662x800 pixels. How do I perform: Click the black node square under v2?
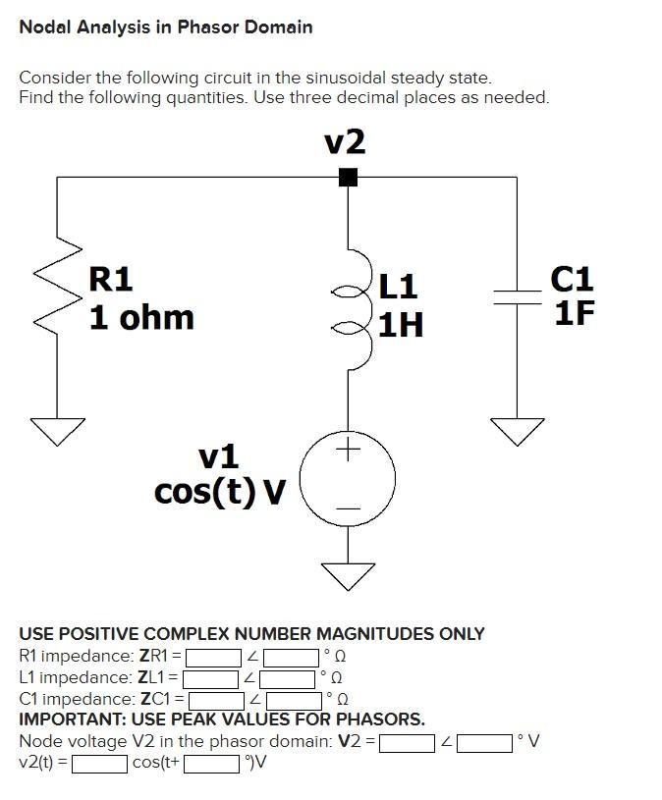coord(347,178)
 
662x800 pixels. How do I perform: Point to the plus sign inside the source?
coord(348,452)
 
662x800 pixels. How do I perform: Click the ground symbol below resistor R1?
coord(56,428)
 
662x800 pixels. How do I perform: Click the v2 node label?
coord(345,143)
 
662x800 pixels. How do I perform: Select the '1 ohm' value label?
coord(141,318)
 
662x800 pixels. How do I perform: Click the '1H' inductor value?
coord(401,324)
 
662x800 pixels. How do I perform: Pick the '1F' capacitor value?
coord(574,314)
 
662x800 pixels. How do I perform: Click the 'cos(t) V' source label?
coord(219,491)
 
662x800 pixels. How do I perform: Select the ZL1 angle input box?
coord(288,678)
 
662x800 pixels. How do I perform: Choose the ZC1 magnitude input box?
coord(217,700)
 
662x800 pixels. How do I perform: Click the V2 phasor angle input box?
coord(483,742)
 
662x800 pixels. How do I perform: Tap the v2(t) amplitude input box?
coord(97,763)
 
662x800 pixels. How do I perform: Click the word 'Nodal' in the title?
coord(47,27)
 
